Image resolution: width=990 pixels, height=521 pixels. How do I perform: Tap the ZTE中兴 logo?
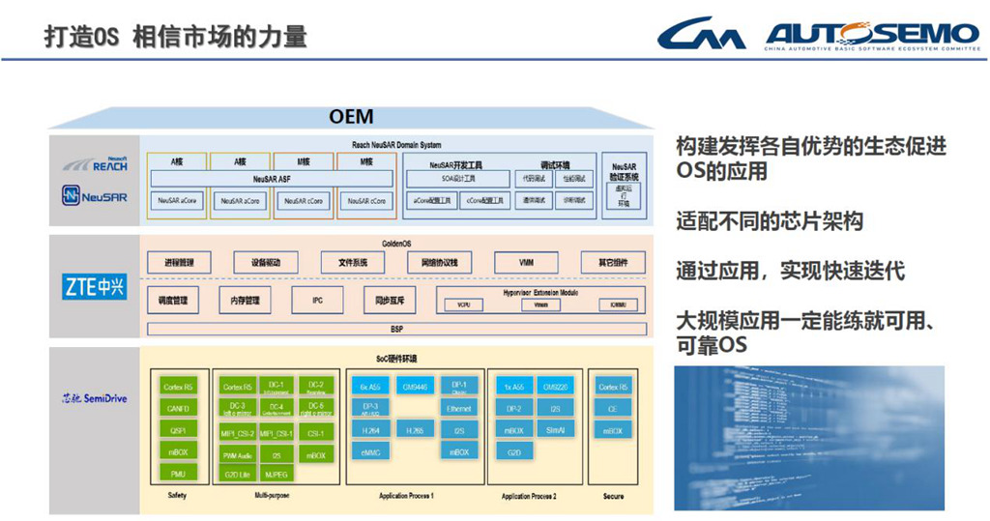95,287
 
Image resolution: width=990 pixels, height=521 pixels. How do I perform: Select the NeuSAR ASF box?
271,179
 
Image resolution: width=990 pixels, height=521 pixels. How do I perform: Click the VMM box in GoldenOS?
525,263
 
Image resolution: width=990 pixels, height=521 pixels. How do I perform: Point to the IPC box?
317,301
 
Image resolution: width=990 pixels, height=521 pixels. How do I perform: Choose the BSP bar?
396,329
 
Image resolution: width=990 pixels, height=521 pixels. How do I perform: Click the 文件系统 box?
352,263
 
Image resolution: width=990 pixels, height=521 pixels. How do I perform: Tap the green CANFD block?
177,409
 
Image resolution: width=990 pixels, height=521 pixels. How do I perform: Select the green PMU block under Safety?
177,474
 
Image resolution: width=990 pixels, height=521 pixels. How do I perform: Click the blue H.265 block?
414,430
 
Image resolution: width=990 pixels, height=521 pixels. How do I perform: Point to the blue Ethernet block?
459,409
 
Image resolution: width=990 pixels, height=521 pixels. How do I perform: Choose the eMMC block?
370,452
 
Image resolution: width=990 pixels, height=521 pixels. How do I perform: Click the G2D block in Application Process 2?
514,452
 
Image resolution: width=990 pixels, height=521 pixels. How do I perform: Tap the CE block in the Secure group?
613,409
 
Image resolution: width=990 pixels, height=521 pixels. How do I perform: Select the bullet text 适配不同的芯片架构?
769,221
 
